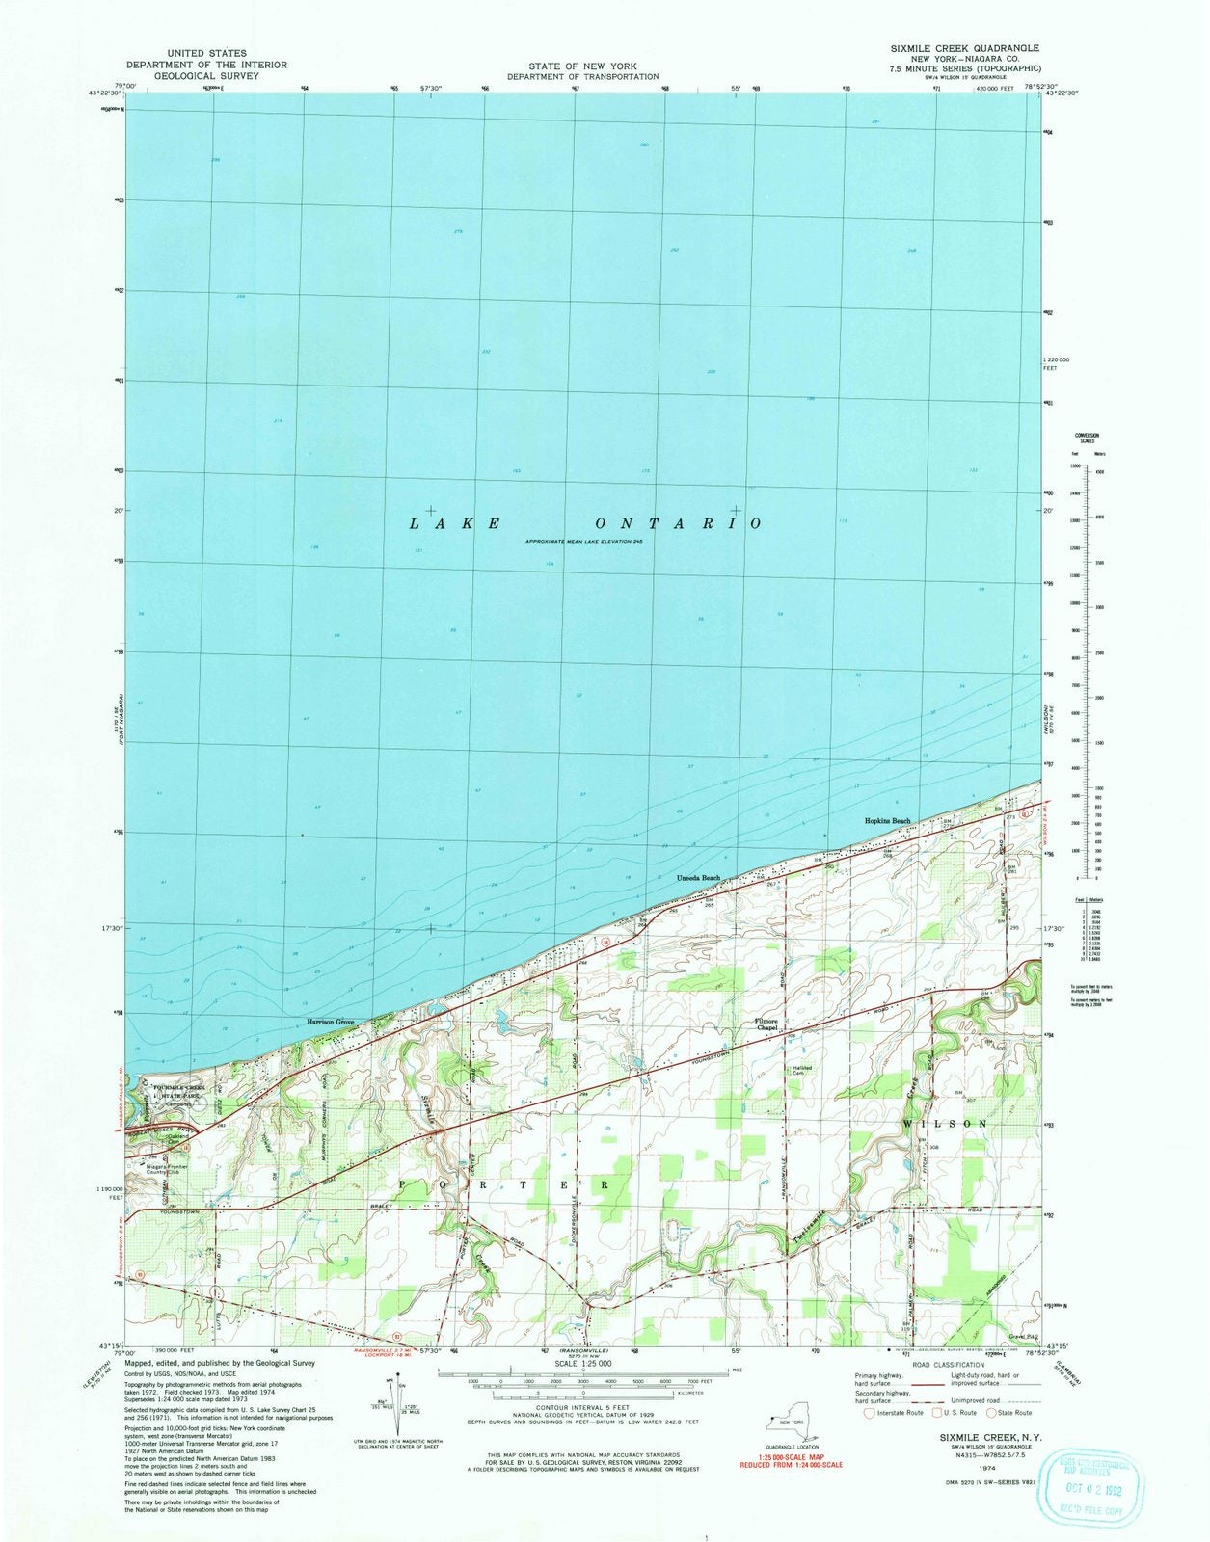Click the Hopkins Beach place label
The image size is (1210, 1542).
[887, 821]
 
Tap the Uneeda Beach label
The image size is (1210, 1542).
[698, 878]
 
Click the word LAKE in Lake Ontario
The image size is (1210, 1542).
[454, 523]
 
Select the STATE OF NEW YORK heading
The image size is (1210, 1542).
[582, 66]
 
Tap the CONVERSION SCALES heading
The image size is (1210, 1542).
[1088, 439]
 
